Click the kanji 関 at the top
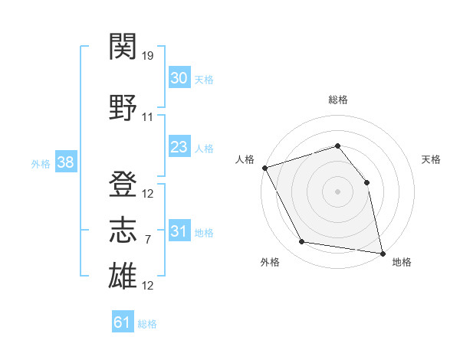pos(123,46)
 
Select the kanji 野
pos(123,107)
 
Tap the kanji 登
pos(123,184)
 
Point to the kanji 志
pos(123,230)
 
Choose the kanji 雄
pos(123,275)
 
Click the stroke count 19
pos(147,55)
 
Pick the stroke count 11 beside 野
pos(147,117)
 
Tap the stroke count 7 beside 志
pos(148,240)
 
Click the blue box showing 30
pos(179,77)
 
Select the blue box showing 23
pos(179,146)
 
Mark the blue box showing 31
pos(179,230)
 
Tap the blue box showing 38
pos(66,161)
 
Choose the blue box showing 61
pos(123,321)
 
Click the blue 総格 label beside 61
pos(147,324)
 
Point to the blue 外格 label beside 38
pos(41,164)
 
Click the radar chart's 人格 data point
pos(265,168)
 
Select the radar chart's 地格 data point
pos(383,254)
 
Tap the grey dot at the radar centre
pos(337,191)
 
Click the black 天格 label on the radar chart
pos(431,159)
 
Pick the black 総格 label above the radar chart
pos(338,100)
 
